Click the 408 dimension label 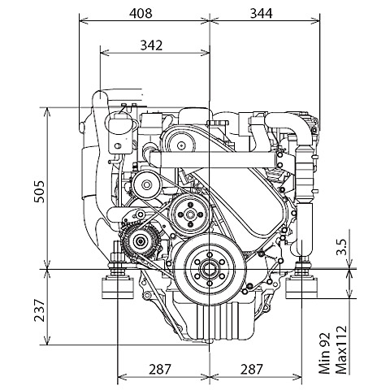pos(141,13)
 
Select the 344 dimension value pos(261,13)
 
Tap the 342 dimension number pos(151,45)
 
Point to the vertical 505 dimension pos(40,192)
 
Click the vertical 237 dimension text pos(39,310)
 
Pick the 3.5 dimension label pos(341,247)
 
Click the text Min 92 pos(324,353)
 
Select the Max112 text pos(340,349)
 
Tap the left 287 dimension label pos(160,369)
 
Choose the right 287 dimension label pos(252,369)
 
